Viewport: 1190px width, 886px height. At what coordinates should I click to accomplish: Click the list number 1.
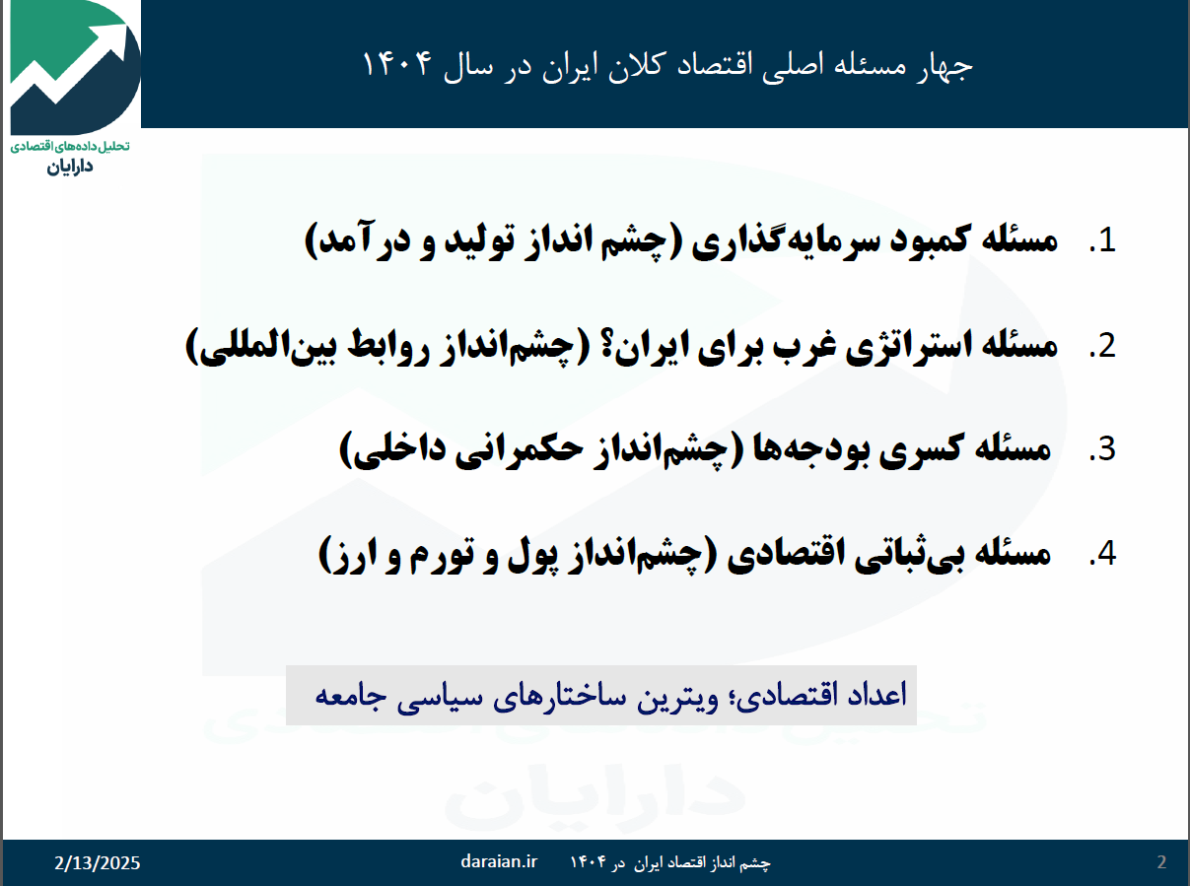click(x=1102, y=240)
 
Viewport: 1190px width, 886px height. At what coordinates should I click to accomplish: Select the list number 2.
click(x=1102, y=345)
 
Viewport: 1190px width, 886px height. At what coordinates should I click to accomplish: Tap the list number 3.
click(x=1102, y=448)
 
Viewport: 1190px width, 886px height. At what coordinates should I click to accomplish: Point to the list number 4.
click(x=1102, y=553)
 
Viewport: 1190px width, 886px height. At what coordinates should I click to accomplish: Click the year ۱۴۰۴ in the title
click(x=397, y=64)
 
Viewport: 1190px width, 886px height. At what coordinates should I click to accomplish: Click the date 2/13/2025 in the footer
click(x=97, y=863)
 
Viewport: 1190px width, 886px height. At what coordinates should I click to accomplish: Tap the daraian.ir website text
click(x=499, y=861)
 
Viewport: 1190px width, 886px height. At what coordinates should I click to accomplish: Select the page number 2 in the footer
click(x=1161, y=862)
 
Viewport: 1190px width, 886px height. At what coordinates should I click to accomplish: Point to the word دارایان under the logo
click(x=70, y=167)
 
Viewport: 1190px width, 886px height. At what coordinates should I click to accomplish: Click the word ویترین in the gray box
click(x=677, y=696)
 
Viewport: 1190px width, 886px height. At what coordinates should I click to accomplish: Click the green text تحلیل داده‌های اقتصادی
click(x=70, y=146)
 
